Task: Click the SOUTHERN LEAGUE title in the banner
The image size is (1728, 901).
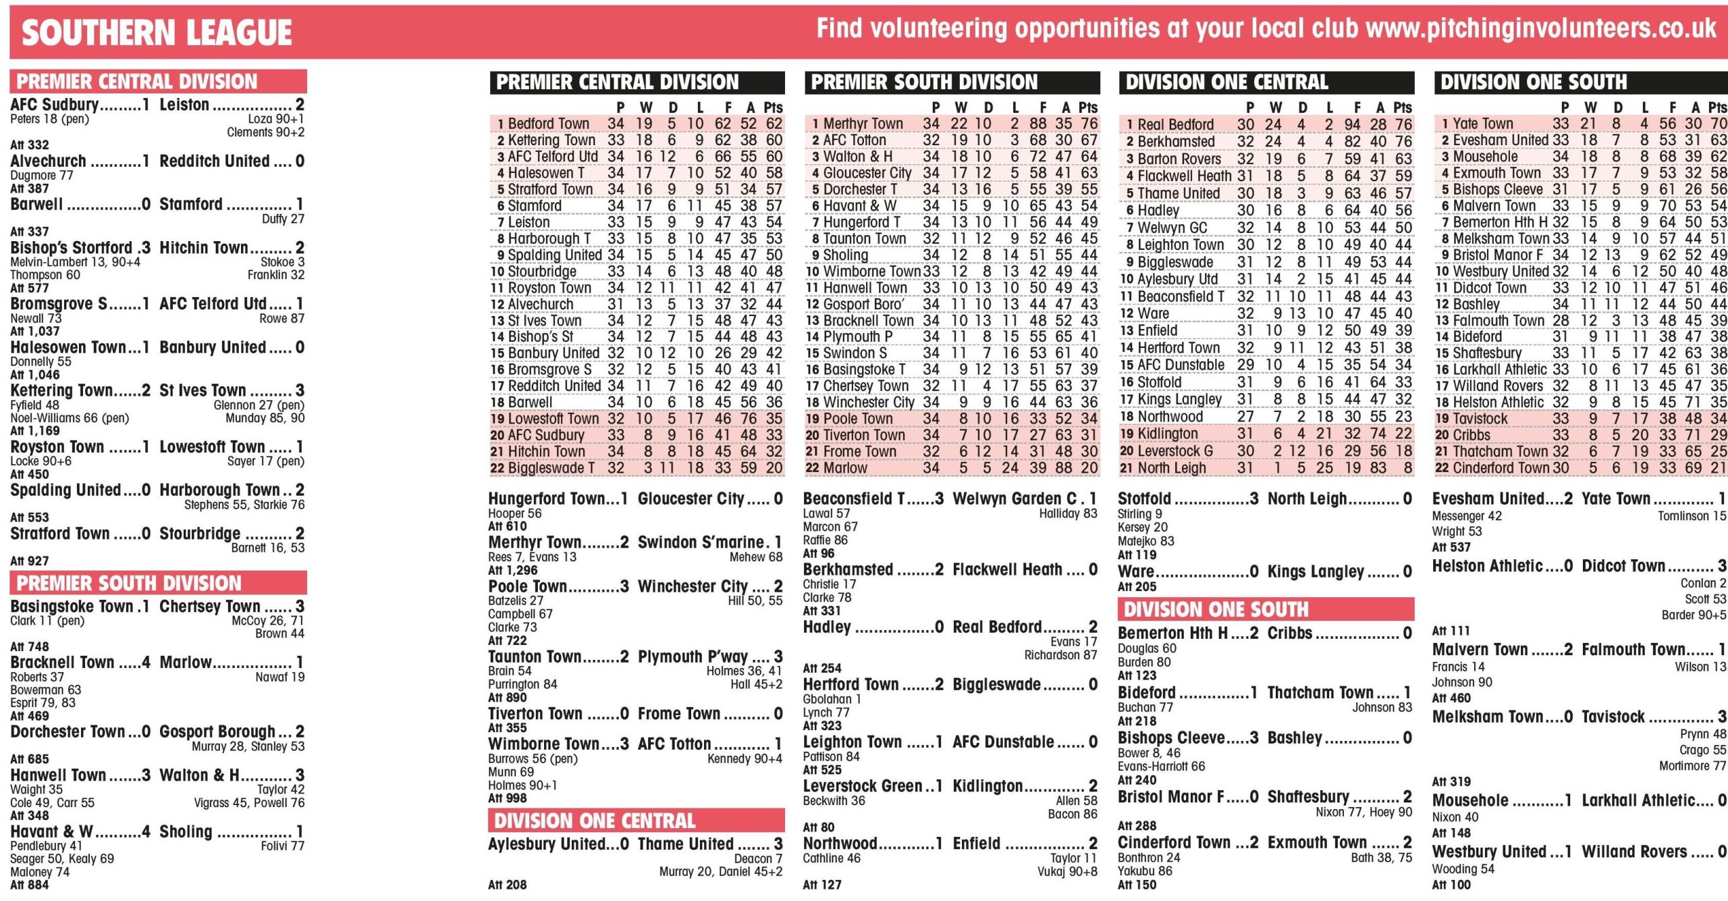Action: (x=157, y=32)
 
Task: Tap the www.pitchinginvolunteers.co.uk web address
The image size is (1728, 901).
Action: (x=1540, y=28)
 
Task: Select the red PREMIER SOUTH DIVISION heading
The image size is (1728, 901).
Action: (x=128, y=583)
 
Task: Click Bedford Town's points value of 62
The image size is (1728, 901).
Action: (x=774, y=124)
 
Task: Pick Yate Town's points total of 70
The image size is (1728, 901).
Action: (x=1718, y=124)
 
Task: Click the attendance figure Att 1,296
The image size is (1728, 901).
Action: (x=513, y=570)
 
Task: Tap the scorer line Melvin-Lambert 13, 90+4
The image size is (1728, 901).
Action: (x=75, y=262)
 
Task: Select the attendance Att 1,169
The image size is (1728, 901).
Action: (x=35, y=431)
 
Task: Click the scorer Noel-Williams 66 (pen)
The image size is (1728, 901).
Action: (x=70, y=418)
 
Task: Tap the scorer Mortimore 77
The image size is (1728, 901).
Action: (x=1692, y=765)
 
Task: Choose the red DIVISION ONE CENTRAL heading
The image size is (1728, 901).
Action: (x=594, y=821)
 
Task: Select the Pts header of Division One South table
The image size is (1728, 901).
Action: (x=1717, y=107)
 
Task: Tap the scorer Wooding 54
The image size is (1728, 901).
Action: (x=1463, y=869)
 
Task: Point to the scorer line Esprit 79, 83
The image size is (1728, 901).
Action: (x=43, y=702)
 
